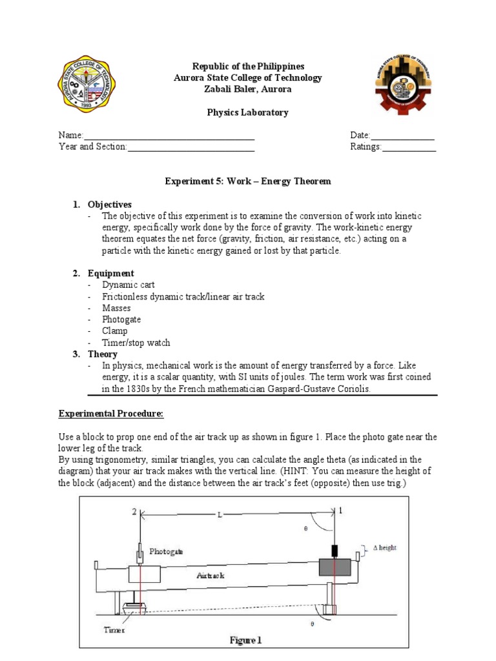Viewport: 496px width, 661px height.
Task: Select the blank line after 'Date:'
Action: point(402,136)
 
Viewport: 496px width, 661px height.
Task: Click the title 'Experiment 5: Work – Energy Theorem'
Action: point(248,181)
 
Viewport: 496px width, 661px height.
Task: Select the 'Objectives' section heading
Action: point(109,205)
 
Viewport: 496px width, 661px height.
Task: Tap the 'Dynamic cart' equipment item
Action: point(128,285)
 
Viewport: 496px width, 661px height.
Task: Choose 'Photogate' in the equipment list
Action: point(121,320)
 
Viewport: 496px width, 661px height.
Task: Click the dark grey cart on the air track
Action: point(335,568)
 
